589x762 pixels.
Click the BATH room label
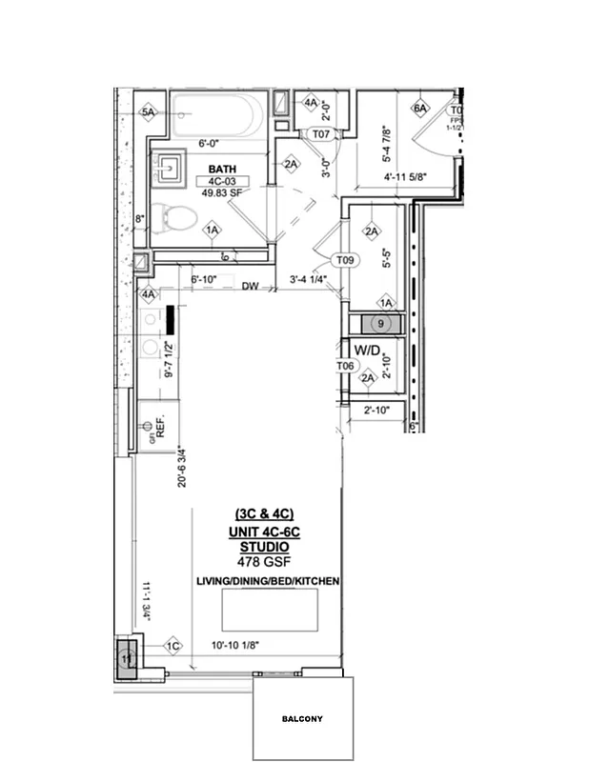(215, 168)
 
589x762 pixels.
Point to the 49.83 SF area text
(217, 191)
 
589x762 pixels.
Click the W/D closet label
(367, 351)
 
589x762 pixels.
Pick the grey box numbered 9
(379, 324)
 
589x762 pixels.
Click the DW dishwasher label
(251, 286)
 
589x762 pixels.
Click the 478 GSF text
(263, 563)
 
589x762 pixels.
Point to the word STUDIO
(264, 549)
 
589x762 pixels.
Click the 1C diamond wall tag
(173, 646)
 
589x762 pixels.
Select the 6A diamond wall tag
(420, 109)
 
